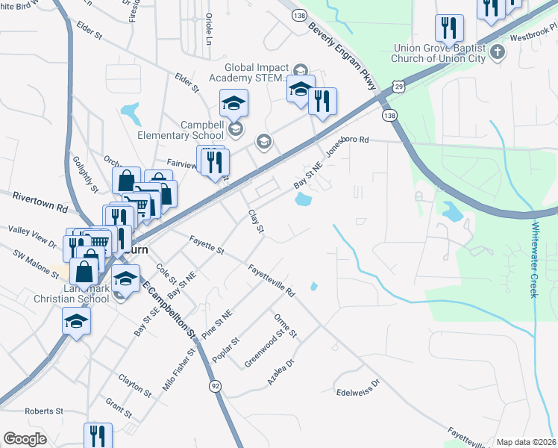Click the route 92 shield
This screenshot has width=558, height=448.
(x=216, y=386)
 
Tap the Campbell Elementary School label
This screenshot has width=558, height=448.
(x=180, y=130)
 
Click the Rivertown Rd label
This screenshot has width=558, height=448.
(x=40, y=202)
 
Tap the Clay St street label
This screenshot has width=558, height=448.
(x=255, y=221)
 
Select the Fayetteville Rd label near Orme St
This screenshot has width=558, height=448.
(x=272, y=281)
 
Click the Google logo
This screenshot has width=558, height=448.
(x=25, y=439)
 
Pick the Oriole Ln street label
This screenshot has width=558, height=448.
(x=208, y=28)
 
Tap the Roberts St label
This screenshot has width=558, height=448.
(x=44, y=411)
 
